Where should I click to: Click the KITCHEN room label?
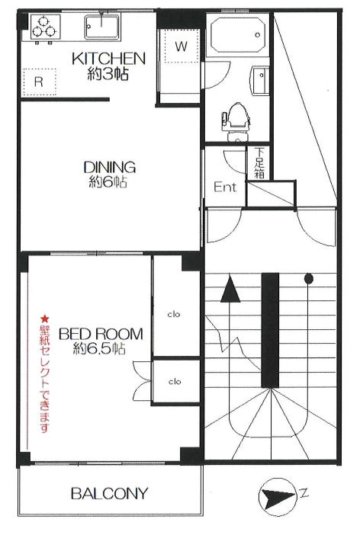pyautogui.click(x=108, y=59)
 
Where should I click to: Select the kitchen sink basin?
pyautogui.click(x=102, y=27)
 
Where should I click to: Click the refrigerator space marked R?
pyautogui.click(x=39, y=82)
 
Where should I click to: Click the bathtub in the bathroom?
pyautogui.click(x=238, y=35)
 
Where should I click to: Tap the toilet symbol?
pyautogui.click(x=236, y=121)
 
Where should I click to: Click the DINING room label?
pyautogui.click(x=110, y=167)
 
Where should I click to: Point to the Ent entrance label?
pyautogui.click(x=225, y=187)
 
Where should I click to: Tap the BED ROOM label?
pyautogui.click(x=101, y=334)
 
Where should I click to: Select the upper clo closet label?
pyautogui.click(x=174, y=314)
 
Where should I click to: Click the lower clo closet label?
pyautogui.click(x=175, y=382)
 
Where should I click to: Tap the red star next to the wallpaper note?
pyautogui.click(x=45, y=319)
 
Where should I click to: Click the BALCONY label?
pyautogui.click(x=109, y=493)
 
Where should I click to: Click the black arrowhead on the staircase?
pyautogui.click(x=230, y=289)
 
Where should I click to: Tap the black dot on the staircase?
pyautogui.click(x=309, y=279)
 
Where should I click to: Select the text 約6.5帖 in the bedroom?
pyautogui.click(x=98, y=348)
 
